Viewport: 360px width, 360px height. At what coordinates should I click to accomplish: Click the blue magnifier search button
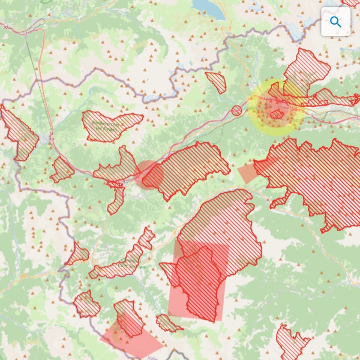click(x=335, y=22)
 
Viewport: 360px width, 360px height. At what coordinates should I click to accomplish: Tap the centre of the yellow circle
click(x=276, y=107)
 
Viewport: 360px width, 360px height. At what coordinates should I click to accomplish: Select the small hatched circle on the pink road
click(x=237, y=110)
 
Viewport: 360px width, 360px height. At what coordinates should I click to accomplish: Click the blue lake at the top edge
click(x=208, y=7)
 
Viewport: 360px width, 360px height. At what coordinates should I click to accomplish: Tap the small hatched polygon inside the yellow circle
click(x=277, y=113)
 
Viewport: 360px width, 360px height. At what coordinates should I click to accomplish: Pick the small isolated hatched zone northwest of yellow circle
click(x=216, y=82)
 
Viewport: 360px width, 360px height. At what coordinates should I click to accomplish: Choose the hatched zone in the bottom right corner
click(x=292, y=343)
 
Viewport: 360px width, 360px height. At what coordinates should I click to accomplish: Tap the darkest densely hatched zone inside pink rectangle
click(x=201, y=282)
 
